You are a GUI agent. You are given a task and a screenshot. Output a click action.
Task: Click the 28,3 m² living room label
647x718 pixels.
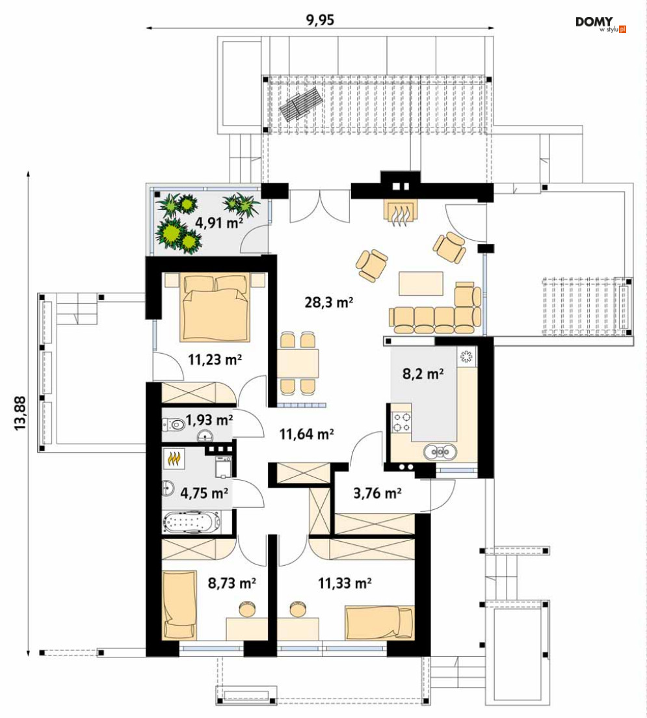click(329, 302)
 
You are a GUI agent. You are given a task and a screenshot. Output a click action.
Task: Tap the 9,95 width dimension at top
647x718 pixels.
click(320, 20)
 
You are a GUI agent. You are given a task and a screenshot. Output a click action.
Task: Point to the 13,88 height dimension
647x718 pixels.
click(20, 413)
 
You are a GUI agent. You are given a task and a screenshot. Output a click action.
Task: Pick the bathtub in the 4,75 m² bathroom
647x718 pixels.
click(191, 522)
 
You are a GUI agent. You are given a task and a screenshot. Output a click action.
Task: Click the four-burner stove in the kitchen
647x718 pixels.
click(401, 421)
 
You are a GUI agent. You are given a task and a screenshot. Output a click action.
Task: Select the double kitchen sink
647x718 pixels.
click(440, 452)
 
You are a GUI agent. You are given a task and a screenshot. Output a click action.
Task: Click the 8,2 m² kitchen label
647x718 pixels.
click(423, 374)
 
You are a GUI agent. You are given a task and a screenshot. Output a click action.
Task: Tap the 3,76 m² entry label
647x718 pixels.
click(377, 493)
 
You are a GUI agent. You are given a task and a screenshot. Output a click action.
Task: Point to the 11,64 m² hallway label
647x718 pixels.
click(306, 433)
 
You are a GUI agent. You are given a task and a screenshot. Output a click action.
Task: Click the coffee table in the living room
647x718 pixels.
click(421, 284)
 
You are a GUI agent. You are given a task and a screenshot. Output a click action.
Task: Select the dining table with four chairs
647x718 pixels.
click(298, 364)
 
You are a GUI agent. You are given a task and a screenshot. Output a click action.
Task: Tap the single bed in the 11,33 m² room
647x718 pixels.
click(380, 622)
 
